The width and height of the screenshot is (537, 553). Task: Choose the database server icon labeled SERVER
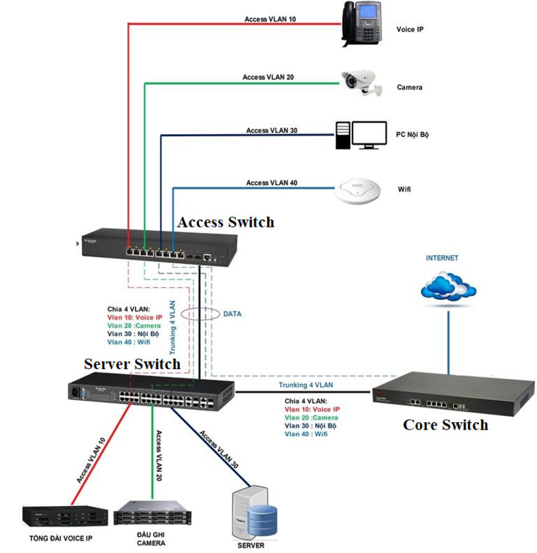pos(256,513)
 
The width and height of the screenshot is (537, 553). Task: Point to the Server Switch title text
pos(132,364)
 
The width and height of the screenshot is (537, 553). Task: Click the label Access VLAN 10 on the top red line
pos(270,19)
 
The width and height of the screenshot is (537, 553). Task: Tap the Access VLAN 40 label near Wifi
pos(272,183)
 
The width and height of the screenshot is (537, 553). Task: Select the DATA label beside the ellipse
pos(233,313)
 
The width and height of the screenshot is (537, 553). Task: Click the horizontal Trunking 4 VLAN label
pos(305,385)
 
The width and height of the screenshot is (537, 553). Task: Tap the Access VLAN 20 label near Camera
pos(268,77)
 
